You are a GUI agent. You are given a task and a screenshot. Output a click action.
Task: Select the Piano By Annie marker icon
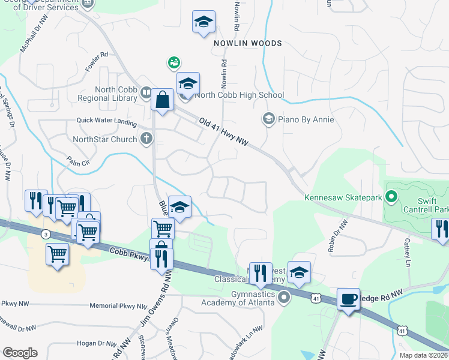(268, 119)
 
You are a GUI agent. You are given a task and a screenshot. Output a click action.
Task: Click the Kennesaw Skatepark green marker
(391, 196)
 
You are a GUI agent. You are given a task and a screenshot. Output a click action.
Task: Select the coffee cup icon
(348, 298)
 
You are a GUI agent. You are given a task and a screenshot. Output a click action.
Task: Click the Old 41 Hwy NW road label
(223, 131)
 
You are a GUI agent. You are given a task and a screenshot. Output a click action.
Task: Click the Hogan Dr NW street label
(97, 344)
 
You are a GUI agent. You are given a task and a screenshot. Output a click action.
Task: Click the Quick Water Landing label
(106, 121)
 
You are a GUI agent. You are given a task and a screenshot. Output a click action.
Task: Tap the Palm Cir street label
(78, 162)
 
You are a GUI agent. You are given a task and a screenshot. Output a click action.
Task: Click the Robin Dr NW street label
(338, 236)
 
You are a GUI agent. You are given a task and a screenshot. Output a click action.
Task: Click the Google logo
(20, 353)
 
